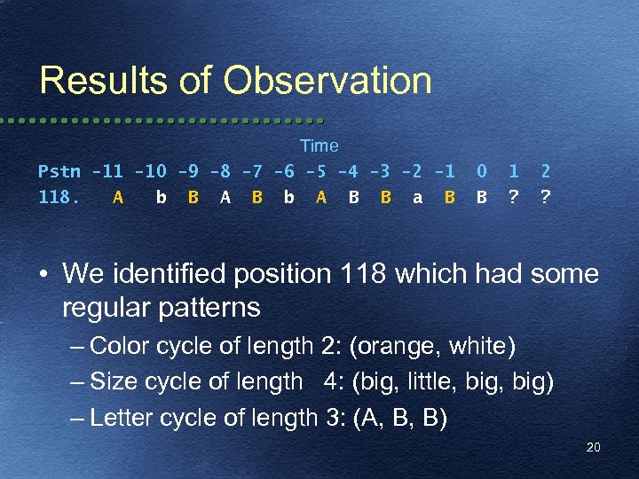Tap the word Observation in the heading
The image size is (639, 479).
(x=327, y=81)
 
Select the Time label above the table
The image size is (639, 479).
(x=319, y=145)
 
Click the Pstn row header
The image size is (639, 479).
(x=59, y=171)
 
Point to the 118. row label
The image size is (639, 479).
(x=59, y=198)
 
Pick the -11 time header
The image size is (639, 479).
(x=107, y=171)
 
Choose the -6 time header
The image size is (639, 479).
(x=284, y=171)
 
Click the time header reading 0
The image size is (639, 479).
(x=481, y=171)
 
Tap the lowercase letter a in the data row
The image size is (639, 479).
(x=417, y=198)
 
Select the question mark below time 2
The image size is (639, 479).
(x=544, y=198)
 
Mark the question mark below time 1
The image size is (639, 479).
(x=512, y=198)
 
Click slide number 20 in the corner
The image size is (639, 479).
(x=593, y=447)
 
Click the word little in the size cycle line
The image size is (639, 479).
(x=421, y=381)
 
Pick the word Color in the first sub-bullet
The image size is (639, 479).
(x=115, y=345)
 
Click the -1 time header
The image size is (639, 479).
(x=448, y=171)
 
